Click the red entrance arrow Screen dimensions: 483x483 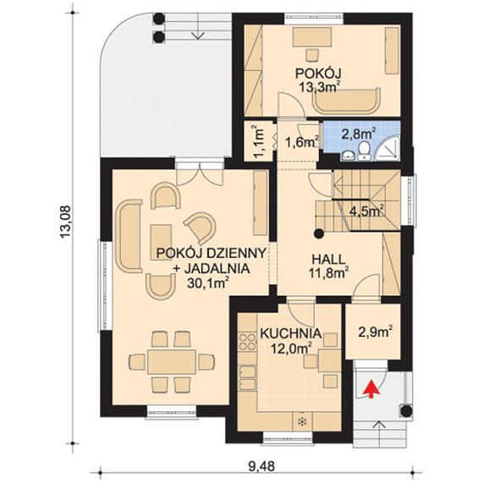point(371,388)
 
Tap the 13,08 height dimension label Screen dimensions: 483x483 point(66,222)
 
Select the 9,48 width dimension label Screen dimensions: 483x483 point(261,466)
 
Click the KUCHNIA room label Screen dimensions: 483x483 point(291,333)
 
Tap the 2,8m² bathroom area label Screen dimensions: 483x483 point(359,134)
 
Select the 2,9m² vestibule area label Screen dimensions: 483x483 point(376,332)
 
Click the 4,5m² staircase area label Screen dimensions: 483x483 point(367,211)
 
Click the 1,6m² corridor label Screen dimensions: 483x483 point(302,142)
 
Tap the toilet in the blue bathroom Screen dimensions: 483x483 point(364,151)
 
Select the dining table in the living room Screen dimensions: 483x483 point(172,362)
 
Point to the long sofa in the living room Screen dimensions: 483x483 point(129,236)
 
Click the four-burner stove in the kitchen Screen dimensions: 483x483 point(248,342)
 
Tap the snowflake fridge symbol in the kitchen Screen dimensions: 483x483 point(302,422)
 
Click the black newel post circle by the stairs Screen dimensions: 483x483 point(319,234)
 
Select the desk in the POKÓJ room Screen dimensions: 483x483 point(312,37)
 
